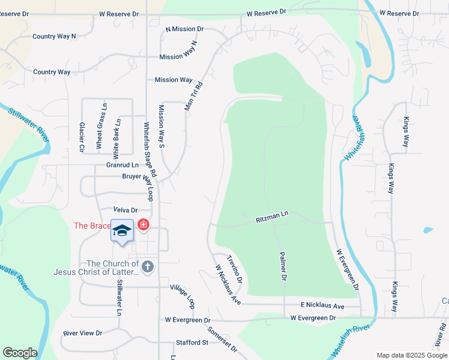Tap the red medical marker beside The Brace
pos(143,226)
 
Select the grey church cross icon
pos(148,266)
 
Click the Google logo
pos(20,353)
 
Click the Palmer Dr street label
pos(282,266)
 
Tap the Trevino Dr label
pos(235,269)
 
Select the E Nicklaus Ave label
pos(323,306)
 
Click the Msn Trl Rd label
pos(194,94)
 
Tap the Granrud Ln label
pos(122,165)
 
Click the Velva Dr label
pos(125,210)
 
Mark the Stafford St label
pos(191,343)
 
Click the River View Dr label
pos(83,333)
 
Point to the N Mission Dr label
pos(185,29)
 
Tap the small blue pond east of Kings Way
pos(427,230)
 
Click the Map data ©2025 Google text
pos(411,355)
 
